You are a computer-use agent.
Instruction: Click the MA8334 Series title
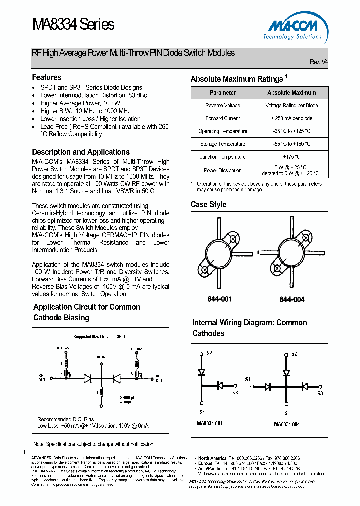(73, 24)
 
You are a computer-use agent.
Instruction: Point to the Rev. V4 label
(318, 62)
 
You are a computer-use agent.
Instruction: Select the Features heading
(47, 77)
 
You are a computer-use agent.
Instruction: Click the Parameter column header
(223, 93)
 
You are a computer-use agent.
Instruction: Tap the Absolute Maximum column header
(292, 93)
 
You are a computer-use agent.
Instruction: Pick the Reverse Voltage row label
(223, 106)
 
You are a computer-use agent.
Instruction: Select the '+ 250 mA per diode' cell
(292, 119)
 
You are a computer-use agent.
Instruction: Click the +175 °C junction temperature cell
(292, 157)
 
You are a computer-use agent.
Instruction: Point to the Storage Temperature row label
(223, 144)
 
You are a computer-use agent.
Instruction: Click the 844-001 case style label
(220, 299)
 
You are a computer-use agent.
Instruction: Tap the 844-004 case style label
(292, 299)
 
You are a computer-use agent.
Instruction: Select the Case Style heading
(208, 205)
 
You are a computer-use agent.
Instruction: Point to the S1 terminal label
(248, 380)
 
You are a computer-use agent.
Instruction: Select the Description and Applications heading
(81, 152)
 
